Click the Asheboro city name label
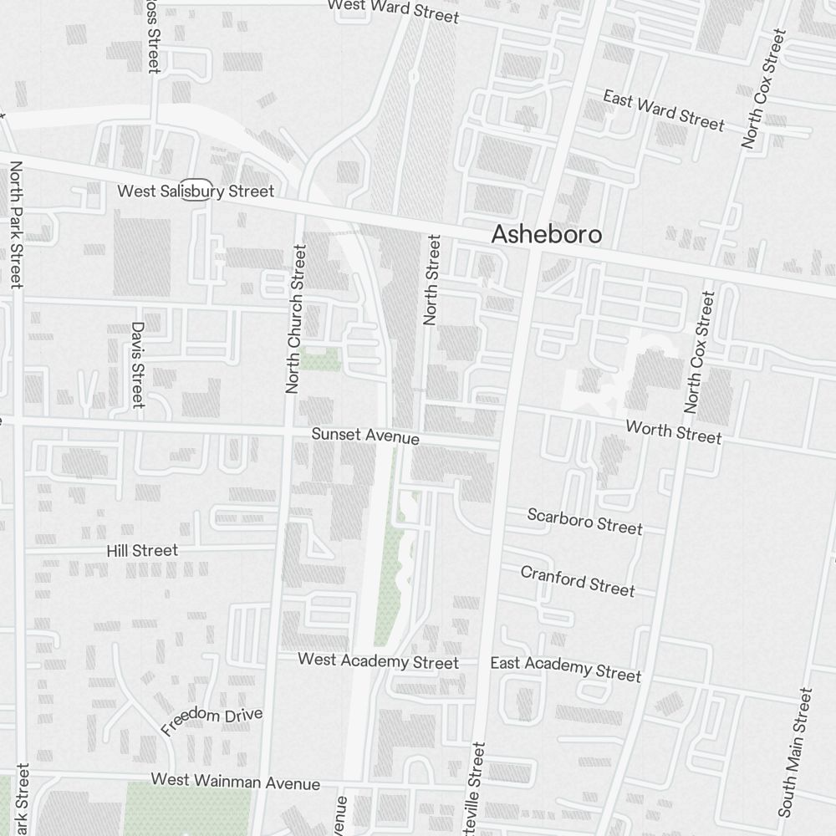click(546, 234)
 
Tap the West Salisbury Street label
click(195, 191)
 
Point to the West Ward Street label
click(393, 11)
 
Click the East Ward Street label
click(664, 111)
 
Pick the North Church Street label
click(295, 319)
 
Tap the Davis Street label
click(138, 365)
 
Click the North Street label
click(431, 280)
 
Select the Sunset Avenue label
click(365, 436)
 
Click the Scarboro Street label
click(584, 521)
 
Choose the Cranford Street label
click(578, 580)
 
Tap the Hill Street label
click(142, 550)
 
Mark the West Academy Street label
click(378, 661)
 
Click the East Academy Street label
click(565, 668)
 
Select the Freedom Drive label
click(212, 721)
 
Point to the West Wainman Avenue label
click(235, 782)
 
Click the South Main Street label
click(795, 752)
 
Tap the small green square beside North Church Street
click(321, 360)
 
